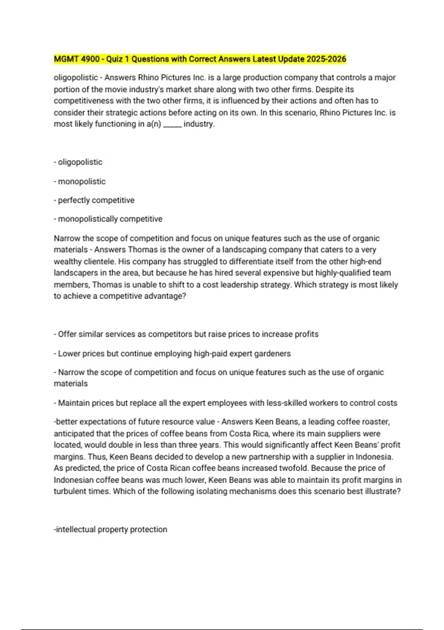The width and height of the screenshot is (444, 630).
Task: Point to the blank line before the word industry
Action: [x=172, y=124]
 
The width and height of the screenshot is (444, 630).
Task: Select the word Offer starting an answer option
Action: [x=67, y=334]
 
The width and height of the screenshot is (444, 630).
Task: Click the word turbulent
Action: [x=68, y=491]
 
